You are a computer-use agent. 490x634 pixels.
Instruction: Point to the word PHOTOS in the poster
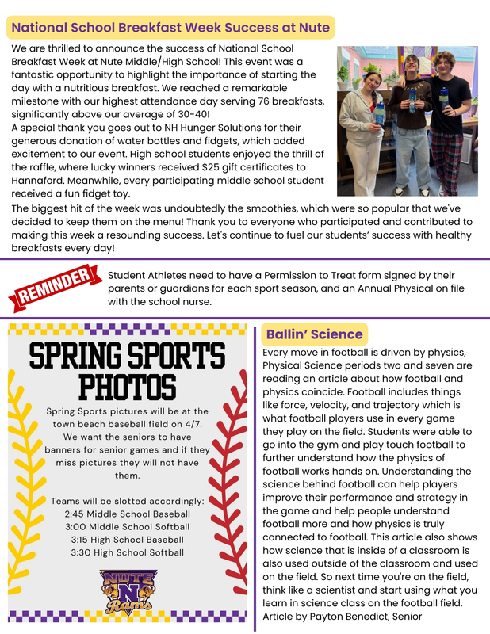tap(127, 388)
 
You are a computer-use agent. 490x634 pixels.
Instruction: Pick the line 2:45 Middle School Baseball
tap(127, 514)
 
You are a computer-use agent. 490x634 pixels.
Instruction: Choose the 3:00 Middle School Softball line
tap(127, 526)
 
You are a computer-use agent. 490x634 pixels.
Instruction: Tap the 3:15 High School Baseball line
tap(127, 539)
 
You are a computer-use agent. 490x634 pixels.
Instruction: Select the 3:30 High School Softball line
tap(127, 552)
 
